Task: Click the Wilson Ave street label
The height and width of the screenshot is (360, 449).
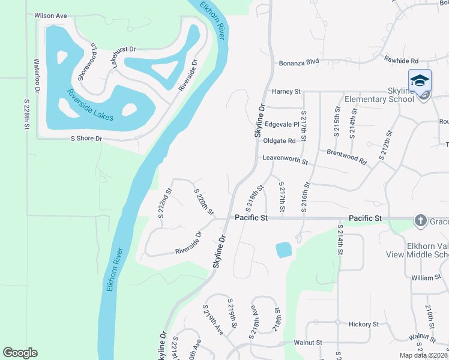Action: pos(50,16)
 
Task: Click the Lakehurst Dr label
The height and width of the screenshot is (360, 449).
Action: pos(124,57)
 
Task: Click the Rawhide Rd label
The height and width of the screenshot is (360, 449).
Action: pos(402,61)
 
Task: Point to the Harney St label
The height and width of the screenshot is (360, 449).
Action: pos(286,91)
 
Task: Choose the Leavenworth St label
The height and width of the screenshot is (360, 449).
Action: pos(285,160)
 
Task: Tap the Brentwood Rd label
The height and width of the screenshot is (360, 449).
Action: pos(346,157)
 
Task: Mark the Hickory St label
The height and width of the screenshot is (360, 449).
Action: pos(364,324)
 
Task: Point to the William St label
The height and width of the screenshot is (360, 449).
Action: pos(426,278)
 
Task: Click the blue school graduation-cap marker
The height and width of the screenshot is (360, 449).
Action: pos(420,81)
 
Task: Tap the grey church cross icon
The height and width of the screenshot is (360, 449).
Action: pos(421,221)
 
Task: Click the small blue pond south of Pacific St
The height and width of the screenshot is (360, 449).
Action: pos(283,250)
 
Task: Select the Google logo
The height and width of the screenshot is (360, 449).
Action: pos(20,353)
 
